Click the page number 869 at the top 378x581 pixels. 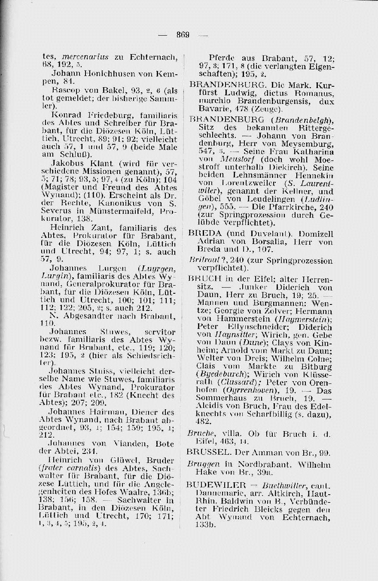pyautogui.click(x=182, y=35)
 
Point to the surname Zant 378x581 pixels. pyautogui.click(x=99, y=228)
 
